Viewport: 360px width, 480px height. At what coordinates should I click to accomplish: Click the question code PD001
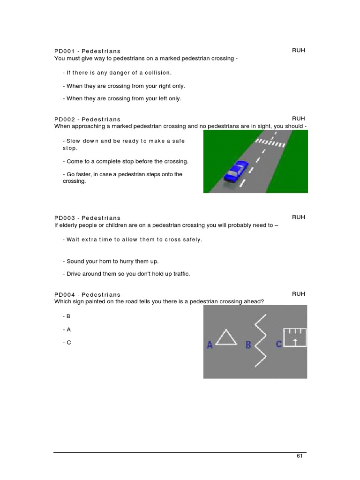[x=64, y=51]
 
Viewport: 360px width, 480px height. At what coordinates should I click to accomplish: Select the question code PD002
[x=64, y=120]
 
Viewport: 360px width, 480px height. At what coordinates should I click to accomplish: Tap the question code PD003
[x=64, y=218]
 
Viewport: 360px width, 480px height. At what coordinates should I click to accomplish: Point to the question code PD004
[x=64, y=294]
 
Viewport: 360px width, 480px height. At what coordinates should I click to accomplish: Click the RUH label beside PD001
[x=299, y=50]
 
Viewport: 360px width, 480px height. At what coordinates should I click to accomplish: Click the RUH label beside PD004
[x=299, y=293]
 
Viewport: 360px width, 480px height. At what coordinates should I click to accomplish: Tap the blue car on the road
[x=236, y=172]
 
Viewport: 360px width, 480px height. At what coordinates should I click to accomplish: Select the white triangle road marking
[x=225, y=337]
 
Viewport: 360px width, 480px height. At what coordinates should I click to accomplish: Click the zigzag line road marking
[x=261, y=341]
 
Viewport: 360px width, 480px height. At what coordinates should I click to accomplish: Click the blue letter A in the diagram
[x=210, y=345]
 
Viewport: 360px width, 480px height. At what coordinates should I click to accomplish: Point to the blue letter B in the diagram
[x=248, y=345]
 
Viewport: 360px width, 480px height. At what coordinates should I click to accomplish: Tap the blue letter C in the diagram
[x=279, y=345]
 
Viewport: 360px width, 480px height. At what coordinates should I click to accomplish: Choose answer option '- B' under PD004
[x=67, y=316]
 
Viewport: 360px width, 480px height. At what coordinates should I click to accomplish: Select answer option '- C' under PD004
[x=67, y=343]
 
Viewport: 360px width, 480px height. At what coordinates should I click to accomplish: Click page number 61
[x=300, y=456]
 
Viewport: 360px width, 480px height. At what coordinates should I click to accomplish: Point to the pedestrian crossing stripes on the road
[x=269, y=142]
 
